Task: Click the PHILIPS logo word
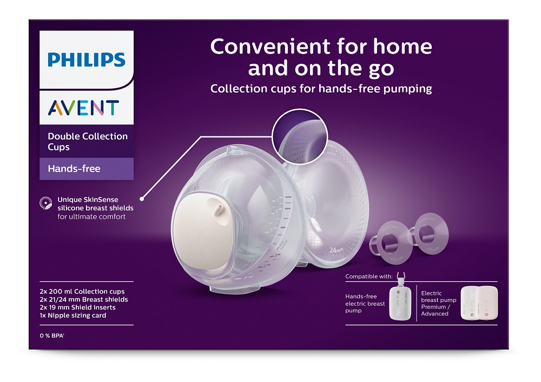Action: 87,60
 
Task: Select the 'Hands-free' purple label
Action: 74,168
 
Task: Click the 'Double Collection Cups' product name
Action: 88,141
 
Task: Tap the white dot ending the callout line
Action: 143,197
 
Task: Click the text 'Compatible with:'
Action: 370,277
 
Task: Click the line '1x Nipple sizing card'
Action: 73,315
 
